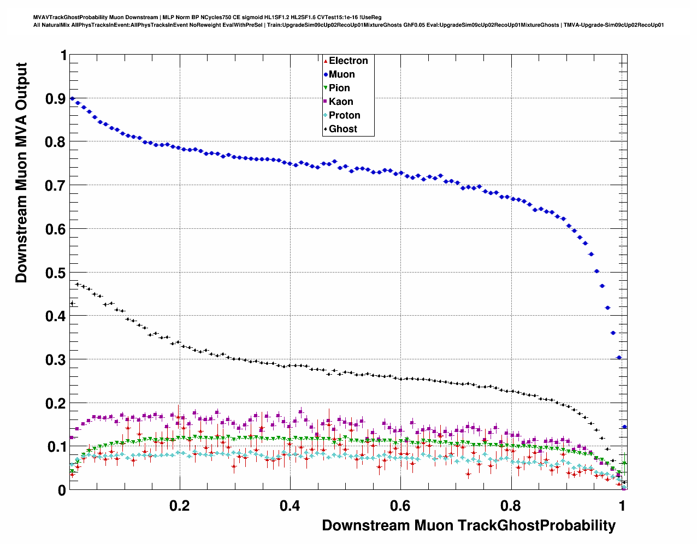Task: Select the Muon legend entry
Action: coord(341,74)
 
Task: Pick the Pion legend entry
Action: coord(339,88)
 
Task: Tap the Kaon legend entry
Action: coord(341,102)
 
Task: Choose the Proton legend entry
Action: coord(344,115)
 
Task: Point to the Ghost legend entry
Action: coord(342,129)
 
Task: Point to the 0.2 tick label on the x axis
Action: coord(180,506)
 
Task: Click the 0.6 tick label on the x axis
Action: coord(400,506)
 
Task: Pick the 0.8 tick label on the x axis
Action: coord(511,506)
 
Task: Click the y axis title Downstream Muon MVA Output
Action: coord(21,173)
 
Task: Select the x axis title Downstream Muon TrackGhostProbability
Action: coord(469,525)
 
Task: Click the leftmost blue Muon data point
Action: coord(72,99)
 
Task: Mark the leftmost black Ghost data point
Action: coord(72,304)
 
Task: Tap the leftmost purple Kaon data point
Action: coord(71,437)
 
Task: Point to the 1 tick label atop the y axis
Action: coord(63,56)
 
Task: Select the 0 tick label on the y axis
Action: coord(62,490)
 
